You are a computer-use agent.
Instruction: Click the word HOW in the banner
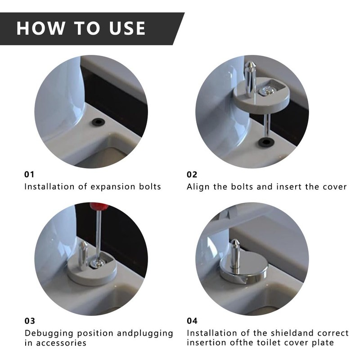pyautogui.click(x=40, y=28)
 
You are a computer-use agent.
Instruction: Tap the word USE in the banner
pyautogui.click(x=127, y=28)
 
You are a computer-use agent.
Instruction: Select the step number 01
pyautogui.click(x=29, y=175)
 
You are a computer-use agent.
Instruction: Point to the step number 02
pyautogui.click(x=192, y=175)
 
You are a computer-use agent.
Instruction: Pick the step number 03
pyautogui.click(x=30, y=321)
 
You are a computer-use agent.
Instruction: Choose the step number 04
pyautogui.click(x=192, y=321)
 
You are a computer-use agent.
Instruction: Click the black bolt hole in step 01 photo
pyautogui.click(x=99, y=122)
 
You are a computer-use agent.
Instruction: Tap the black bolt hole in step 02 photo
pyautogui.click(x=265, y=142)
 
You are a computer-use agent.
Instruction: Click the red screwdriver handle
pyautogui.click(x=99, y=207)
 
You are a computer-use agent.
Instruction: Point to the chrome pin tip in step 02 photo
pyautogui.click(x=250, y=64)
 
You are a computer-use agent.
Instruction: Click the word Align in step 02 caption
pyautogui.click(x=198, y=187)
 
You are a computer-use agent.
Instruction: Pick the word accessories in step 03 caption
pyautogui.click(x=61, y=343)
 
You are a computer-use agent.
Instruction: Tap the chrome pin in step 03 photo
pyautogui.click(x=83, y=255)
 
